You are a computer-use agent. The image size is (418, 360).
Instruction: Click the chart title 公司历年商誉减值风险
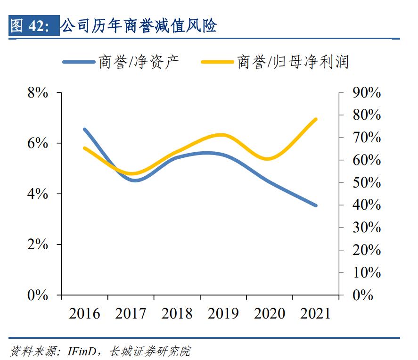pyautogui.click(x=139, y=26)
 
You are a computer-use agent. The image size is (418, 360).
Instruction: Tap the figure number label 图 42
pyautogui.click(x=32, y=26)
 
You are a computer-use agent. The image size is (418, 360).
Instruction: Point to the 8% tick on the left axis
pyautogui.click(x=38, y=93)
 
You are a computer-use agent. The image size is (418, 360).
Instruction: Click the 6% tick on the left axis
pyautogui.click(x=38, y=143)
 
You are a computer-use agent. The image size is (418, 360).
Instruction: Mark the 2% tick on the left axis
pyautogui.click(x=38, y=245)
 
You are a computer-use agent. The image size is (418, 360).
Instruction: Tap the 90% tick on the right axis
pyautogui.click(x=366, y=93)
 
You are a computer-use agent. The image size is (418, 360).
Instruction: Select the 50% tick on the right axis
pyautogui.click(x=366, y=183)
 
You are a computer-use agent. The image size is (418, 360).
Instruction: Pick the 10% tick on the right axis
pyautogui.click(x=366, y=273)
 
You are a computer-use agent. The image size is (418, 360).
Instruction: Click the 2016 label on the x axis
pyautogui.click(x=85, y=313)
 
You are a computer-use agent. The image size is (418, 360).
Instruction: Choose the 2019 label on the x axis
pyautogui.click(x=223, y=313)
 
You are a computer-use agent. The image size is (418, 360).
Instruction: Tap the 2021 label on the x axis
pyautogui.click(x=315, y=313)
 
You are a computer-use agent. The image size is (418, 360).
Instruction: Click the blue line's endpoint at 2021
pyautogui.click(x=316, y=205)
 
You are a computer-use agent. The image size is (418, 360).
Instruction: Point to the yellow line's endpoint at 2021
pyautogui.click(x=316, y=119)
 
